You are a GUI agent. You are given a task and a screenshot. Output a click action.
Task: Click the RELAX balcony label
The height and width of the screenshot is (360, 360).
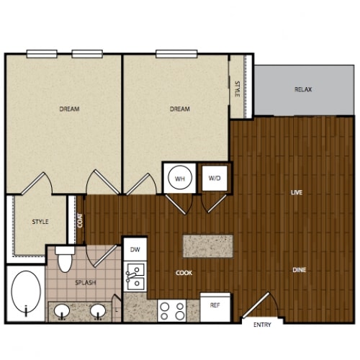[303, 89]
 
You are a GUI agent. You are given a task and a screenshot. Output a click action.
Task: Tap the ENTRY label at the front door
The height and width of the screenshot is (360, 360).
[262, 325]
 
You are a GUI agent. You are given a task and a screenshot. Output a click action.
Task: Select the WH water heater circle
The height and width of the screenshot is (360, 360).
[180, 178]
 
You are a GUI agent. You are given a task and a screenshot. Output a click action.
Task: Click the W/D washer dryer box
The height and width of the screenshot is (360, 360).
[215, 178]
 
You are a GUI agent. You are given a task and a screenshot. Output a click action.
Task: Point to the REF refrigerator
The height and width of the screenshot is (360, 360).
[215, 307]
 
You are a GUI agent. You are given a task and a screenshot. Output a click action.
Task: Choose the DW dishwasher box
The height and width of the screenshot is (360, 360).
[135, 249]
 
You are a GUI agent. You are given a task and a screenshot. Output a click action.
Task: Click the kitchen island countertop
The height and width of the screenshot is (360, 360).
[208, 246]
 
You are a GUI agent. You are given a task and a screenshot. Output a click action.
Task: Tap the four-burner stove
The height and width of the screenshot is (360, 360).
[172, 311]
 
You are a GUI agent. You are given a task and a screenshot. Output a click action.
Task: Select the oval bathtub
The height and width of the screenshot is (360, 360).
[26, 292]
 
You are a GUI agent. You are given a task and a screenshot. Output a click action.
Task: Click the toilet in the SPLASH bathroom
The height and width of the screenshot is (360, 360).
[65, 258]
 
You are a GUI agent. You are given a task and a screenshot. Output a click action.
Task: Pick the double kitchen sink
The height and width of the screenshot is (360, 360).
[135, 276]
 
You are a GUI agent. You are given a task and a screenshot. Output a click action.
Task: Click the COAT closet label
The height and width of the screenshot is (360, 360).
[80, 220]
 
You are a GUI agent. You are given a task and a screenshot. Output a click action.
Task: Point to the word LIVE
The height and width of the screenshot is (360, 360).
[297, 192]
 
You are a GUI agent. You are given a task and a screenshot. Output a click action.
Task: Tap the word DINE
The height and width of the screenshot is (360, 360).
[300, 270]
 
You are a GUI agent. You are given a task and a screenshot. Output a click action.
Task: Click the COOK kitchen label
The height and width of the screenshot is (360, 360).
[184, 273]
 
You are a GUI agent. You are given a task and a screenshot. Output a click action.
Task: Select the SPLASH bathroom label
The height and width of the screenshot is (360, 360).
[86, 283]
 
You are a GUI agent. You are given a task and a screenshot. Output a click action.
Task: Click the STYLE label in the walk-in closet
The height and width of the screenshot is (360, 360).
[40, 222]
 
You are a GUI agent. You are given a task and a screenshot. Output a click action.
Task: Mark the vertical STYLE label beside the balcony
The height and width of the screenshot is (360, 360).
[237, 89]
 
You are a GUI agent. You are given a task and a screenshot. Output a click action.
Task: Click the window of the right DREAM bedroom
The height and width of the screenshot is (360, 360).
[176, 54]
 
